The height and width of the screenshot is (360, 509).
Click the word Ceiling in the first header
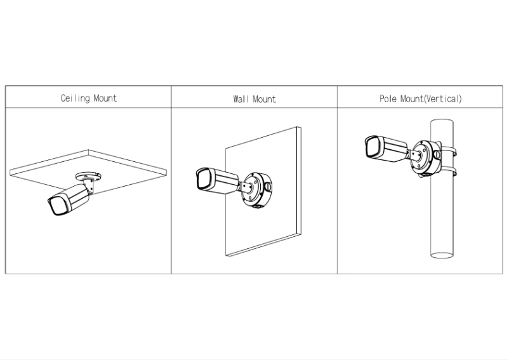76,98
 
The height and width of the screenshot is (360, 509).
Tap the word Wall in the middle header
241,100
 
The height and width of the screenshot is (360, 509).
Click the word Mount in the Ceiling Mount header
105,98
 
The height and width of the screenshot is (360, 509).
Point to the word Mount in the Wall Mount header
265,100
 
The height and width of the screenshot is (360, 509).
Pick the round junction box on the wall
256,189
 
